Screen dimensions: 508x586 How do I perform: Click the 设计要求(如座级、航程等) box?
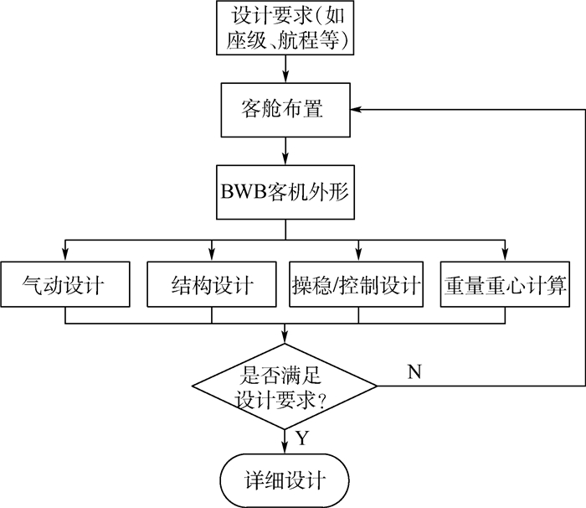pyautogui.click(x=285, y=29)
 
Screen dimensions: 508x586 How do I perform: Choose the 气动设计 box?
pyautogui.click(x=64, y=286)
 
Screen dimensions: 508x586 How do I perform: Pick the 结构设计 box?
pyautogui.click(x=211, y=286)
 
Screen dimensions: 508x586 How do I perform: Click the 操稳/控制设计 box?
pyautogui.click(x=358, y=286)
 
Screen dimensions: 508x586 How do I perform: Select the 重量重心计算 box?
pyautogui.click(x=505, y=286)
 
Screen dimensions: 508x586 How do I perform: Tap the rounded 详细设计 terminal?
pyautogui.click(x=285, y=480)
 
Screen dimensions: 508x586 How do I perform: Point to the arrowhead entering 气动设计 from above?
pyautogui.click(x=64, y=255)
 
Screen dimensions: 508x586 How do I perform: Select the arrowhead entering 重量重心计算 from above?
pyautogui.click(x=505, y=255)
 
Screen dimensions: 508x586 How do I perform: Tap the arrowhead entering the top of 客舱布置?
pyautogui.click(x=285, y=77)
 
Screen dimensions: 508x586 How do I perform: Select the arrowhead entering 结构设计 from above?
pyautogui.click(x=211, y=255)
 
